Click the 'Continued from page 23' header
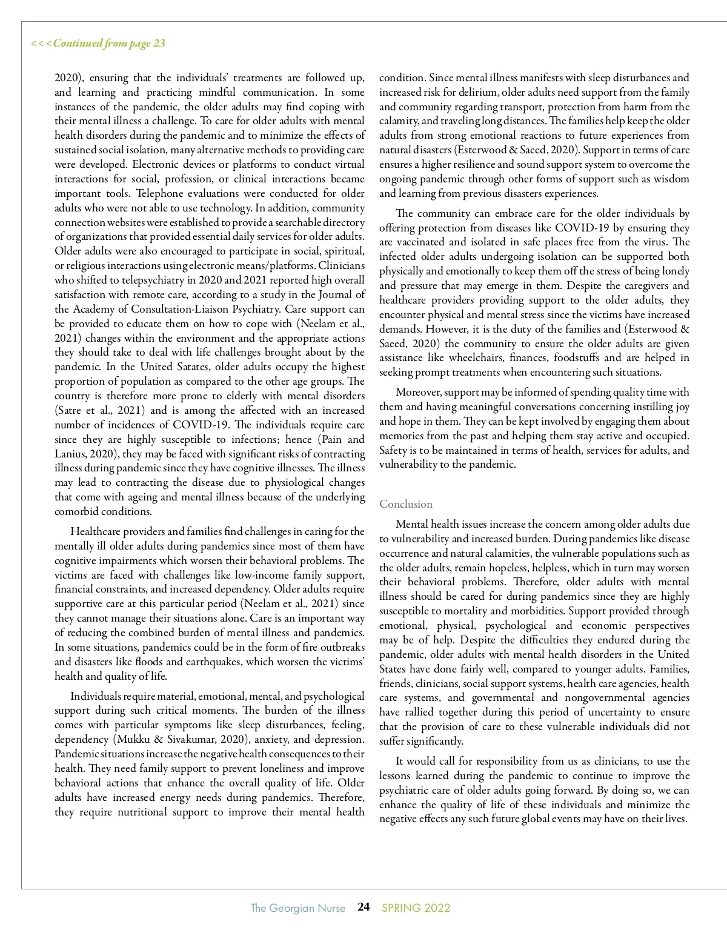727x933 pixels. pyautogui.click(x=98, y=43)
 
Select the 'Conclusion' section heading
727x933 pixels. pyautogui.click(x=406, y=504)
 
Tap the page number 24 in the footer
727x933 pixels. pyautogui.click(x=363, y=907)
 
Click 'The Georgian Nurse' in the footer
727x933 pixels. pyautogui.click(x=298, y=908)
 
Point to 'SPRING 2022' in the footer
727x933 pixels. pyautogui.click(x=416, y=908)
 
